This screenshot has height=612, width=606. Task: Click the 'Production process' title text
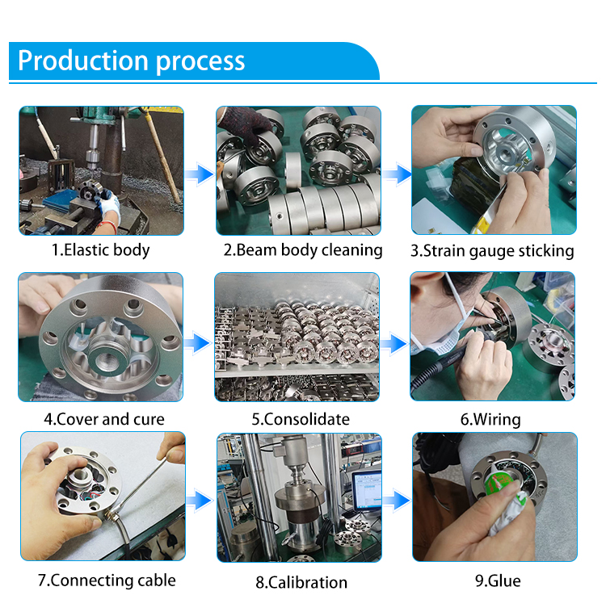coord(131,61)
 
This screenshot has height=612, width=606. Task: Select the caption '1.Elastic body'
coord(101,250)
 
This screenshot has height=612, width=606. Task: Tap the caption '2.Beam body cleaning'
coord(303,250)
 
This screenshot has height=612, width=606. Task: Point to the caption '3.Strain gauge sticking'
coord(492,251)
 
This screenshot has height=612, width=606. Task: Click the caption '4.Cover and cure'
coord(104,419)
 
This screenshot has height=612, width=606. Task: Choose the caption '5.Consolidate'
coord(301,419)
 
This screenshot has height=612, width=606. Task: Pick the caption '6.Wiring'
coord(490,420)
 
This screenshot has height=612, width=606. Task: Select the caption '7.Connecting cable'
coord(107,581)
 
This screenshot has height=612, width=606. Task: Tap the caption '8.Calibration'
coord(301,582)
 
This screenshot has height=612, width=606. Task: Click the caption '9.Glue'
coord(498,581)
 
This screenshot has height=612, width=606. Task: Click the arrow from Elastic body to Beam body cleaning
coord(200,174)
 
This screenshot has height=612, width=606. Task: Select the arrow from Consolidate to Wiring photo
coord(393,344)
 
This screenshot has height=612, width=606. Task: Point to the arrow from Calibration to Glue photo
coord(397,500)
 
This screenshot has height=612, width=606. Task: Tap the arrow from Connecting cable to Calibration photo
coord(200,500)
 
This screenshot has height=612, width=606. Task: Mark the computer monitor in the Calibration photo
coord(367,490)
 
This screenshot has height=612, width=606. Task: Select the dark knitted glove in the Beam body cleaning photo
coord(246,122)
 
